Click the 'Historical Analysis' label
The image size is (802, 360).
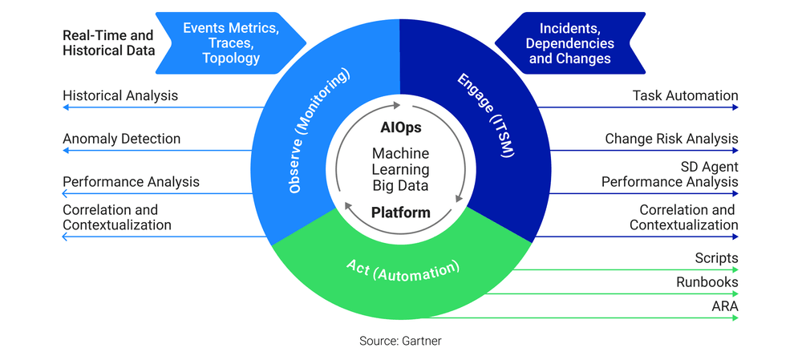pyautogui.click(x=120, y=96)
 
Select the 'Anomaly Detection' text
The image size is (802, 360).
pyautogui.click(x=122, y=140)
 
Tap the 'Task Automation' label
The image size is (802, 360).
pyautogui.click(x=685, y=96)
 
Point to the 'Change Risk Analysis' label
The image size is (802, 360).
pyautogui.click(x=671, y=140)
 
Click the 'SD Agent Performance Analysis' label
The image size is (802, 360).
pyautogui.click(x=670, y=175)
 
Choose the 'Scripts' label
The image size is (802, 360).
pyautogui.click(x=716, y=259)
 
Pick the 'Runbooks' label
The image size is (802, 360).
pyautogui.click(x=707, y=282)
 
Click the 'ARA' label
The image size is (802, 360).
pyautogui.click(x=724, y=306)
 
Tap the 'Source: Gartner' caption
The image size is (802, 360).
pyautogui.click(x=400, y=341)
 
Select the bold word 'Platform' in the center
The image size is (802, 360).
pyautogui.click(x=400, y=213)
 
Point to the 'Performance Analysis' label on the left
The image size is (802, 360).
pyautogui.click(x=131, y=183)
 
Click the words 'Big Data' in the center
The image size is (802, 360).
pyautogui.click(x=400, y=186)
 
